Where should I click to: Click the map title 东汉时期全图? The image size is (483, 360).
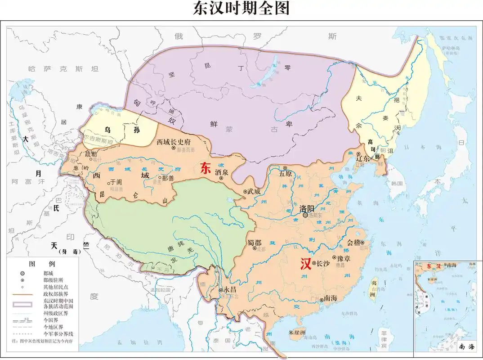241,9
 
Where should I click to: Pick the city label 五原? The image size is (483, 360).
286,173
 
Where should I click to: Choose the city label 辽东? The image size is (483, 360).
363,158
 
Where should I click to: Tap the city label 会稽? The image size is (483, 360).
354,242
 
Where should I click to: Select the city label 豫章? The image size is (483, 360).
344,259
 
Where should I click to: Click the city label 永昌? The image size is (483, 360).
230,290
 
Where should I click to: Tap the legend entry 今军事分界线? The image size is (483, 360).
58,334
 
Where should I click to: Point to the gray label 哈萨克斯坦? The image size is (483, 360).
63,69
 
